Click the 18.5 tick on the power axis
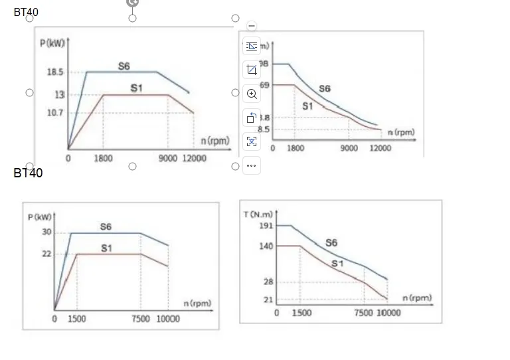coord(54,72)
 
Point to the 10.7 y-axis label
coord(54,113)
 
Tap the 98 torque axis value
coord(264,64)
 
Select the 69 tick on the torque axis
coord(264,85)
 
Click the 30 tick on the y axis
coord(46,232)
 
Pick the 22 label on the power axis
coord(46,254)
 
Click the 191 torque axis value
coord(266,226)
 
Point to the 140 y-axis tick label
coord(266,246)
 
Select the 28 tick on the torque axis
coord(268,282)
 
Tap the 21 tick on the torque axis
coord(268,300)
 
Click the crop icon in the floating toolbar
coord(251,70)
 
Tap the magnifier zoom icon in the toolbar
coord(251,94)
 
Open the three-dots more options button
coord(251,165)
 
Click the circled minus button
coord(251,26)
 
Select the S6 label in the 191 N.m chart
coord(331,243)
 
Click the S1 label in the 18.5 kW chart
coord(136,88)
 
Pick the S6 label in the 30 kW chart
coord(106,226)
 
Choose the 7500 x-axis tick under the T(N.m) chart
coord(363,313)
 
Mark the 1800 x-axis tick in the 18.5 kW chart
coord(103,159)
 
